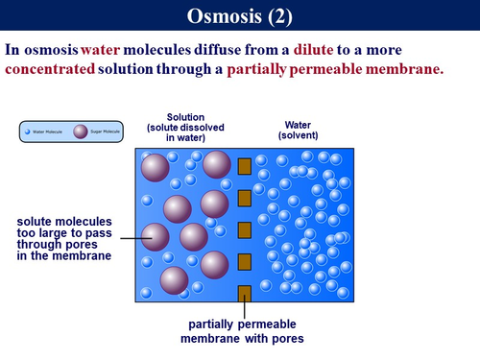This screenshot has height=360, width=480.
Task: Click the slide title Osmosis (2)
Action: (x=239, y=16)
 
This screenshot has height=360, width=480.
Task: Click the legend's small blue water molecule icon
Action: (x=30, y=132)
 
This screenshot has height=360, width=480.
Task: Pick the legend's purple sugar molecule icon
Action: (x=81, y=132)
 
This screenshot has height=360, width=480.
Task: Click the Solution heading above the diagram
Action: (x=185, y=117)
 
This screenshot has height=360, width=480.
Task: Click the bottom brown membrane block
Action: (x=244, y=293)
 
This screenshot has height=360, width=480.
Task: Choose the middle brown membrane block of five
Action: (x=244, y=229)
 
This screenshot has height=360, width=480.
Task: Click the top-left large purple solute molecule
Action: (x=156, y=169)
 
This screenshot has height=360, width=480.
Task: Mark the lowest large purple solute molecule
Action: (x=174, y=280)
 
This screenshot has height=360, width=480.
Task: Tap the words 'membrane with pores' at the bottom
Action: (x=242, y=338)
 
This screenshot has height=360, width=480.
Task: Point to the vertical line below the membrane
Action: (x=244, y=310)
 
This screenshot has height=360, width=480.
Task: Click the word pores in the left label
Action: (x=89, y=244)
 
